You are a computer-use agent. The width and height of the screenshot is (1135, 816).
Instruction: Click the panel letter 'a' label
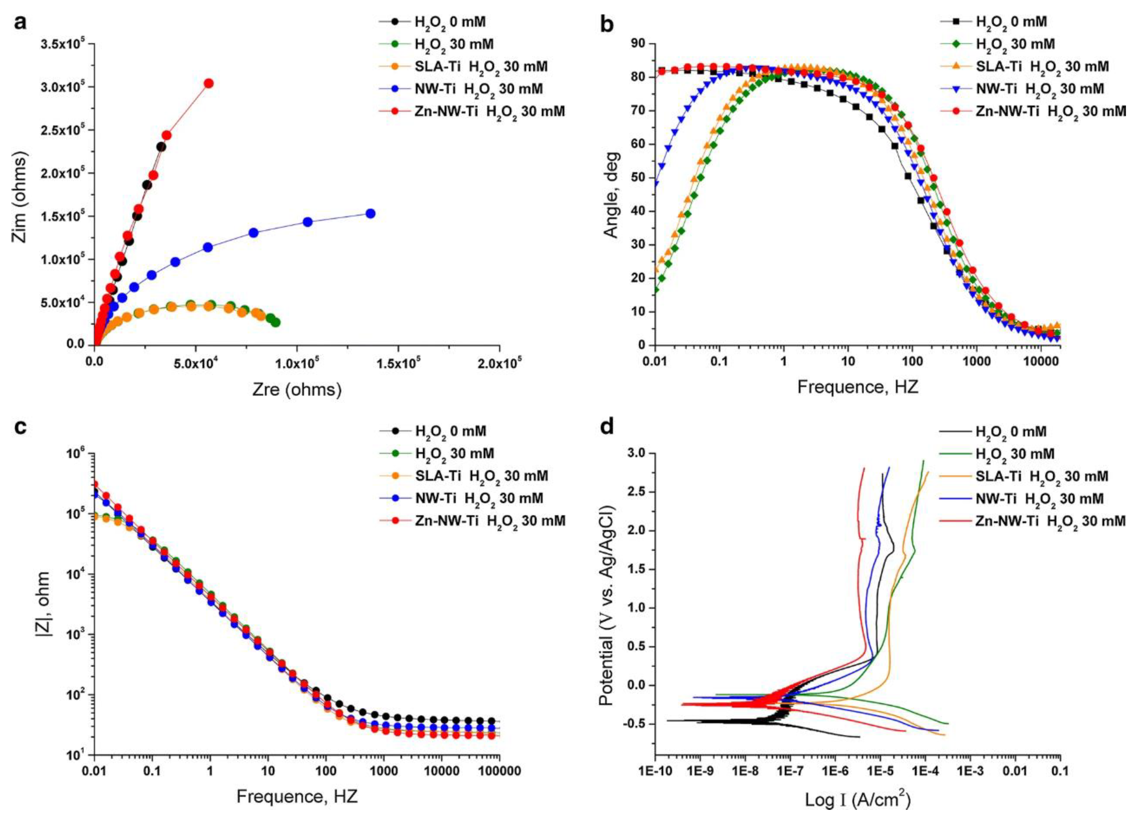point(19,22)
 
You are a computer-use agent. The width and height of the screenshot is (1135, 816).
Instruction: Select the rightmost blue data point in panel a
point(370,214)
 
